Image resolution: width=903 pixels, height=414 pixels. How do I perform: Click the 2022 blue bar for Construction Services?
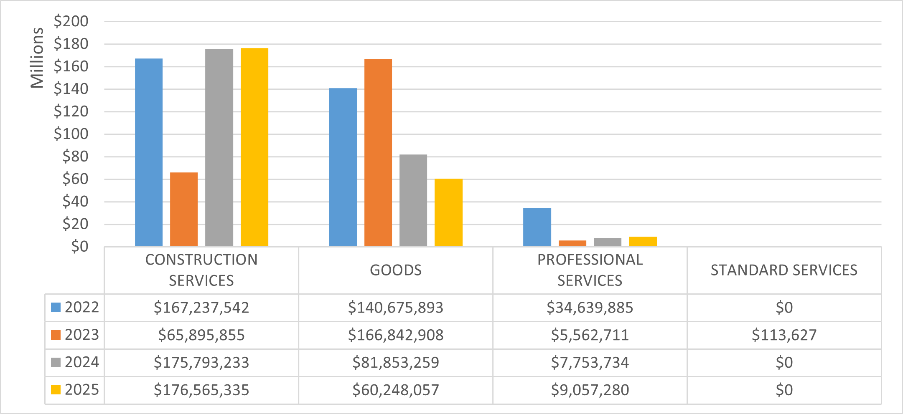point(149,152)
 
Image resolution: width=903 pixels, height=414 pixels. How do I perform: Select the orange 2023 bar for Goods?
point(378,153)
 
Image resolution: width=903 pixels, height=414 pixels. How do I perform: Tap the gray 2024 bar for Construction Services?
point(219,148)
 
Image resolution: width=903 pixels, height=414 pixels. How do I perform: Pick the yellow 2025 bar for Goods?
point(448,212)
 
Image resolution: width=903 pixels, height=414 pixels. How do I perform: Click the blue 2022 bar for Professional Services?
point(537,227)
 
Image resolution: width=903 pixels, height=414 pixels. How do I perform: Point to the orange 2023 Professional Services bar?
point(572,243)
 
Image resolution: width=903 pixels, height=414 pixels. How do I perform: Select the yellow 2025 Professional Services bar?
point(643,242)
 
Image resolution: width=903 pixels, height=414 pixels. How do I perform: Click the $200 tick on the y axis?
point(71,21)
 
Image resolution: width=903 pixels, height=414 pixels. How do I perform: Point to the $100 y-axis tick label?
point(71,134)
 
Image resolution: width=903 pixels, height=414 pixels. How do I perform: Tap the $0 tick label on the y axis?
point(79,247)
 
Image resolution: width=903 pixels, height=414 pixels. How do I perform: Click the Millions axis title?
point(37,58)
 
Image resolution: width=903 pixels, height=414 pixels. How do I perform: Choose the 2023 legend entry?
point(75,335)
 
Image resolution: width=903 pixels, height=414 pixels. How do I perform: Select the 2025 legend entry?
point(75,390)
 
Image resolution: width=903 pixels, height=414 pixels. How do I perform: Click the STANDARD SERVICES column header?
point(784,270)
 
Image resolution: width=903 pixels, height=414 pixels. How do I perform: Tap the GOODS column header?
point(395,270)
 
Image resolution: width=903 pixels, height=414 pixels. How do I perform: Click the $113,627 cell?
point(784,335)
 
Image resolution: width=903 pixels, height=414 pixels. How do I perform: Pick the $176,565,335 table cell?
point(201,390)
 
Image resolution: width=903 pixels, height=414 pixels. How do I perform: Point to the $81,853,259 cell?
point(395,363)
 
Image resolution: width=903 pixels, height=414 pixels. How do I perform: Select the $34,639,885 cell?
point(590,308)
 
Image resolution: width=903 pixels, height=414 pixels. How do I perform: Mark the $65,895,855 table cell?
point(201,335)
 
